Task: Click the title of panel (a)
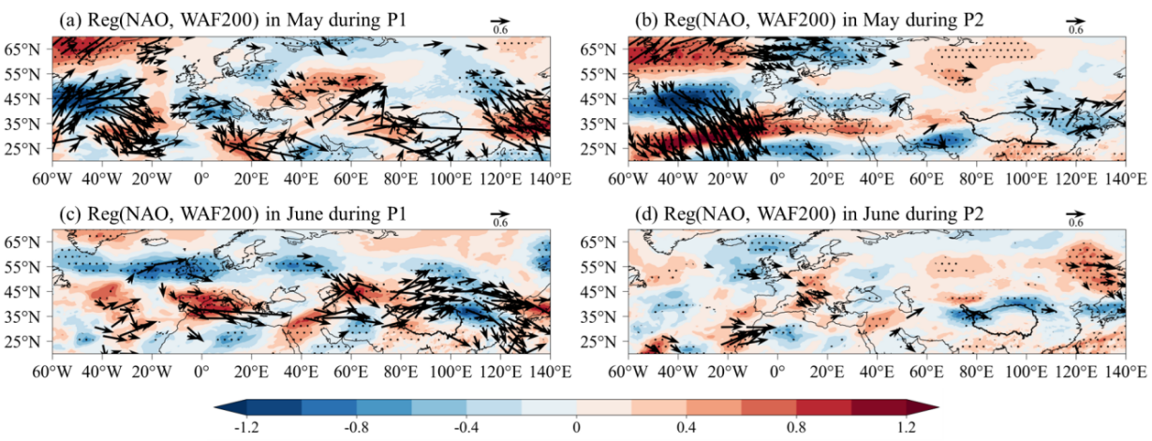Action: pos(233,20)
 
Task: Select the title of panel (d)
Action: pos(809,213)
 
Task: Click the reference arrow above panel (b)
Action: pos(1075,22)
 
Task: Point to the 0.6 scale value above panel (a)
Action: pos(500,30)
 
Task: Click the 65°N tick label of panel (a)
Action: pos(22,50)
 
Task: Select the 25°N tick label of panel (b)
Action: pos(598,149)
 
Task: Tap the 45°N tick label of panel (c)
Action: pos(22,291)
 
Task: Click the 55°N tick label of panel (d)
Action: pos(598,267)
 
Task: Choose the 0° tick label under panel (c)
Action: pos(201,371)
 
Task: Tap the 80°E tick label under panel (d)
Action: pos(976,371)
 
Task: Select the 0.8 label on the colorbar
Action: pos(796,428)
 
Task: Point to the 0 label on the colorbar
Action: pos(577,428)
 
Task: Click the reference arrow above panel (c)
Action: pos(500,213)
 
